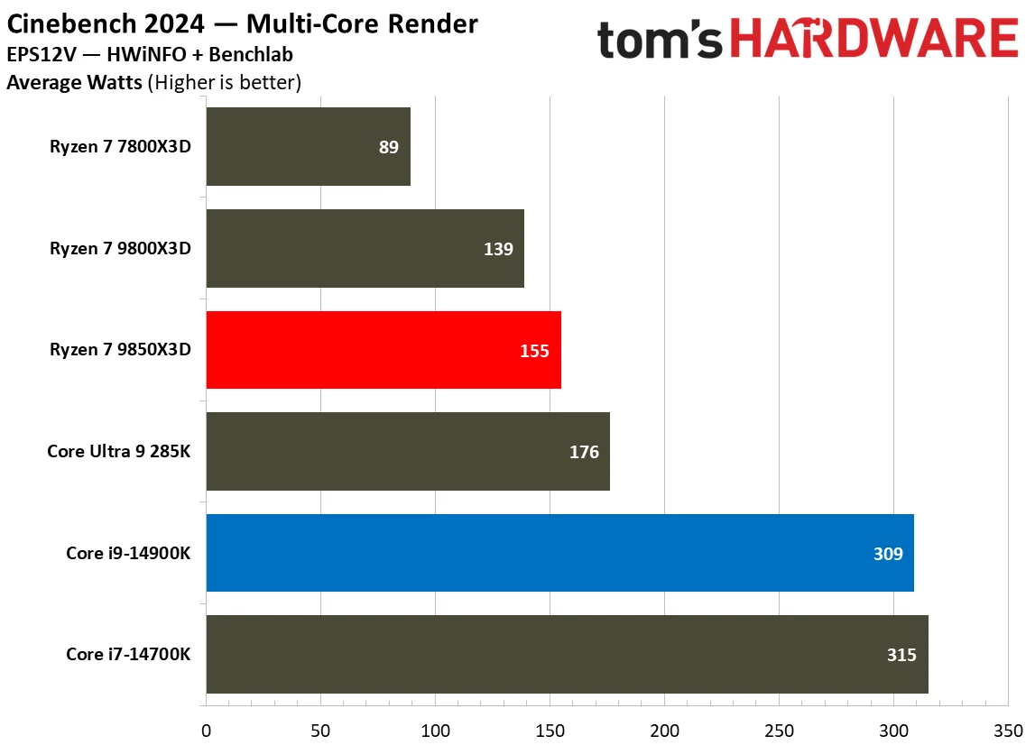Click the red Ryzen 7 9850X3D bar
pyautogui.click(x=384, y=350)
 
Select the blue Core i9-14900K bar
pyautogui.click(x=559, y=553)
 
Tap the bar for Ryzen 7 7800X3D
pyautogui.click(x=308, y=147)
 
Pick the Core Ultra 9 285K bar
pyautogui.click(x=408, y=451)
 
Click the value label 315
pyautogui.click(x=901, y=655)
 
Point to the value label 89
pyautogui.click(x=388, y=147)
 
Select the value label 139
pyautogui.click(x=498, y=249)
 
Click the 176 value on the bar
pyautogui.click(x=584, y=452)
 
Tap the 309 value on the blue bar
pyautogui.click(x=888, y=553)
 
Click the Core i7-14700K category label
pyautogui.click(x=128, y=655)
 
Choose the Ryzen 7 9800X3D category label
pyautogui.click(x=121, y=249)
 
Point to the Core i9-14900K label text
pyautogui.click(x=128, y=553)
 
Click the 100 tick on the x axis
pyautogui.click(x=435, y=729)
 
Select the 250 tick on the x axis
pyautogui.click(x=779, y=729)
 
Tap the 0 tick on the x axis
pyautogui.click(x=207, y=729)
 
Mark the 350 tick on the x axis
pyautogui.click(x=1008, y=729)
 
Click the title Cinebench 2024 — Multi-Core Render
pyautogui.click(x=243, y=23)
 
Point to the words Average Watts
pyautogui.click(x=74, y=83)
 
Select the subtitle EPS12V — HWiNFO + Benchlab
pyautogui.click(x=149, y=55)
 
